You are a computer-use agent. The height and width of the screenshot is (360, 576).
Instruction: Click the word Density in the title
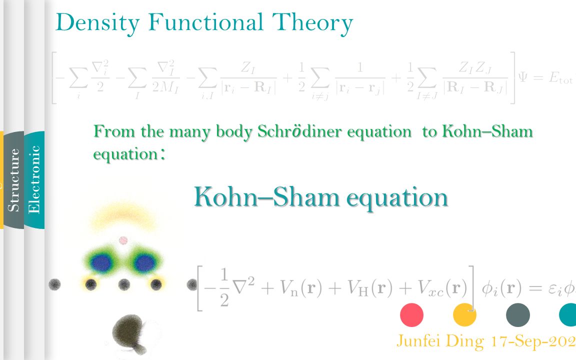[97, 22]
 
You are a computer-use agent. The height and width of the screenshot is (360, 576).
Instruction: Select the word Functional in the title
[205, 22]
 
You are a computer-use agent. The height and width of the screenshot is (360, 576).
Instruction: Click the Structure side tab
[14, 179]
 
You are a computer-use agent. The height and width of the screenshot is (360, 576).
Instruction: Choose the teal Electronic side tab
[34, 179]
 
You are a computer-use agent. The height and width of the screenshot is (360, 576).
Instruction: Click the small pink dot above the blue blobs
[123, 240]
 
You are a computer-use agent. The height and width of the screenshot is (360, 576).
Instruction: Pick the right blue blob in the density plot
[144, 262]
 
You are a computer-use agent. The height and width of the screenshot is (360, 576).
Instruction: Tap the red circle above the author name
[412, 315]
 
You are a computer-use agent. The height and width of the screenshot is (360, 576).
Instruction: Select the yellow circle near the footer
[464, 315]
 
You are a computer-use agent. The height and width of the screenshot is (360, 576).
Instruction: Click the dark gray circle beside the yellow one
[517, 315]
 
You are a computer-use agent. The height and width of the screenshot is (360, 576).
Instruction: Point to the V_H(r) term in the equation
[371, 289]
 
